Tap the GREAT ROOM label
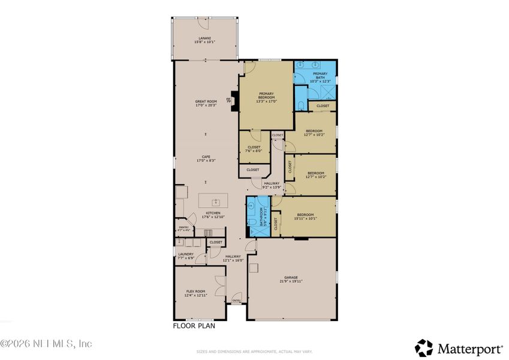tap(206, 101)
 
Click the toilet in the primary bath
tap(300, 106)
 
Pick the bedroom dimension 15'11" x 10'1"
tap(305, 218)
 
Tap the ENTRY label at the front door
tap(237, 300)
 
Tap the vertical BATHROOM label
tap(261, 217)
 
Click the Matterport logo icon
tap(424, 347)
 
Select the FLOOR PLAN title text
tap(194, 327)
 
